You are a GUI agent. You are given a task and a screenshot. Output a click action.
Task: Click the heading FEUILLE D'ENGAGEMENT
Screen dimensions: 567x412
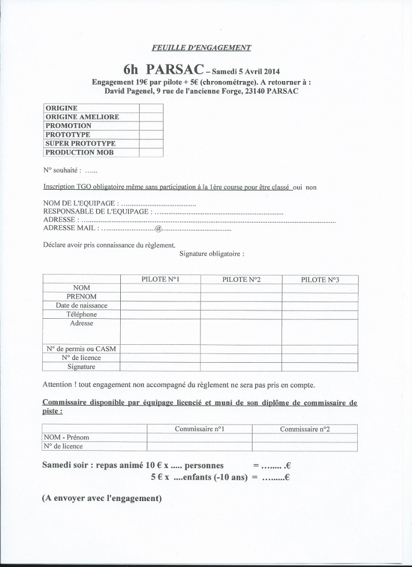pos(202,48)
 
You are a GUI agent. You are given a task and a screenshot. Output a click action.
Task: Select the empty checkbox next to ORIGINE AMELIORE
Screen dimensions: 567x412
pos(151,117)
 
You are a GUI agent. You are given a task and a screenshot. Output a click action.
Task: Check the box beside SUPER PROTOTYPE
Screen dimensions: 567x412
pos(151,143)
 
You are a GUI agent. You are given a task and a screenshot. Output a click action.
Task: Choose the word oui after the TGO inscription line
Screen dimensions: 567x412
pos(298,187)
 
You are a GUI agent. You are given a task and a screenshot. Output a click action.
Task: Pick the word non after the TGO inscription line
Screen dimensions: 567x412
pos(311,187)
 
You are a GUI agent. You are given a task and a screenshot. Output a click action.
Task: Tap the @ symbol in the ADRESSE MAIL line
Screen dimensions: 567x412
pos(158,229)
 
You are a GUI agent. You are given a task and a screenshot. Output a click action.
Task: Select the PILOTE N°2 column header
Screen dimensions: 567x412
pos(241,280)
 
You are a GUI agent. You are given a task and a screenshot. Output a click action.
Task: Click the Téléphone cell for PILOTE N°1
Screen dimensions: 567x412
pos(160,315)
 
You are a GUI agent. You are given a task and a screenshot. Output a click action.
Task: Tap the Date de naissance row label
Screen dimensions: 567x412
pos(81,305)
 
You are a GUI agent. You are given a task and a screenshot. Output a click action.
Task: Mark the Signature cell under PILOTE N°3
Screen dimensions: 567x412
pos(320,367)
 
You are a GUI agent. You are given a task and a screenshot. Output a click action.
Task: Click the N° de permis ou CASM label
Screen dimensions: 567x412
pos(81,349)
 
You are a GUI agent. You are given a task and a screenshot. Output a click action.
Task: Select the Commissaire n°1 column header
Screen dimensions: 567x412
pos(199,429)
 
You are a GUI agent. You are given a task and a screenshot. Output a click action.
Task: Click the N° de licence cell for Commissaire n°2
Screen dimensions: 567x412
pos(305,447)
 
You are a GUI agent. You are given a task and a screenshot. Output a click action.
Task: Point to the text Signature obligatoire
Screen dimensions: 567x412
pos(211,253)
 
